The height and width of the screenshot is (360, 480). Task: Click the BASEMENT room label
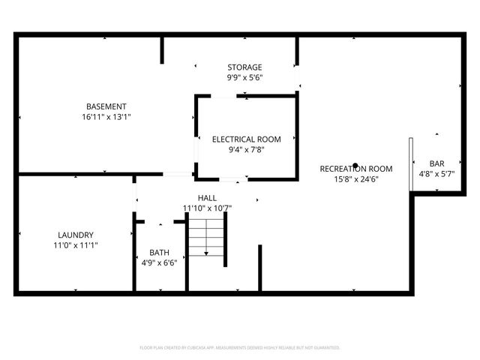106,106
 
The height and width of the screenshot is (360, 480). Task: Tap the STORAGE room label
245,67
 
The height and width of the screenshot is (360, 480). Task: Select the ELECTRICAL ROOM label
246,139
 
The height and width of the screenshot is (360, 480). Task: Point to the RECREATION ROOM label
356,169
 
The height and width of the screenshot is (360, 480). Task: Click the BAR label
436,163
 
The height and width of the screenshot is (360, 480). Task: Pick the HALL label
208,198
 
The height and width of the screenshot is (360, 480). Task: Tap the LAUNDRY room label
76,235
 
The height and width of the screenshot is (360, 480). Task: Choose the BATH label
159,253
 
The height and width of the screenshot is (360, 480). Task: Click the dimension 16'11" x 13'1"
106,117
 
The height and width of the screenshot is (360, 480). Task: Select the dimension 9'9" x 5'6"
245,77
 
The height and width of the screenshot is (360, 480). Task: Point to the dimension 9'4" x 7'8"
247,149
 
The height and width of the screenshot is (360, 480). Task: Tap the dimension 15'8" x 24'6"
356,179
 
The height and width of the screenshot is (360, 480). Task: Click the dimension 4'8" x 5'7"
436,174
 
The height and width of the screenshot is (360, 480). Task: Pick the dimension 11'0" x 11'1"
76,245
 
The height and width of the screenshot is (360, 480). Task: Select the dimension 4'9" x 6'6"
159,262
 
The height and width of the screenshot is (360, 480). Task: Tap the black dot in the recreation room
355,166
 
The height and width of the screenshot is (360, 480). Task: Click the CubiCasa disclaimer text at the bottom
240,348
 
